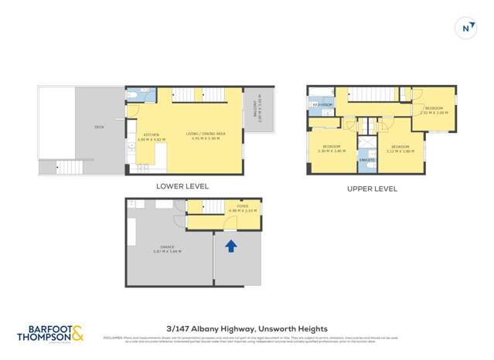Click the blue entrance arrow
(x=230, y=246)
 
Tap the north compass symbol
(x=465, y=28)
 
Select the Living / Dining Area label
(x=206, y=136)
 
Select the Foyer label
(x=243, y=207)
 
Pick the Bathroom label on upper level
(x=322, y=104)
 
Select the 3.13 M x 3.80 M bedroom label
(x=400, y=148)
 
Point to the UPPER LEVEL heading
(x=373, y=188)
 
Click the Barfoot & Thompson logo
(x=50, y=333)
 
